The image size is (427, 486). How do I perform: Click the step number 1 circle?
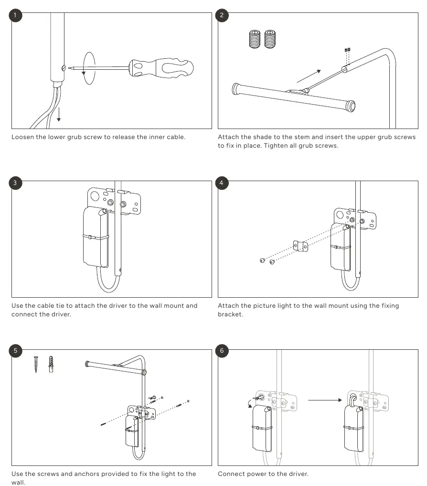click(x=15, y=15)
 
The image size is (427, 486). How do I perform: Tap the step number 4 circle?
click(x=222, y=183)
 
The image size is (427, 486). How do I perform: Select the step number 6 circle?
click(x=222, y=351)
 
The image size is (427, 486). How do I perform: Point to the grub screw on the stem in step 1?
click(x=64, y=68)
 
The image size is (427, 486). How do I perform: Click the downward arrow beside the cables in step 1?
click(x=59, y=114)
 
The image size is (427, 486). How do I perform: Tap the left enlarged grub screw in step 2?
click(x=255, y=39)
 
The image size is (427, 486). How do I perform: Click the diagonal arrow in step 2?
click(x=309, y=76)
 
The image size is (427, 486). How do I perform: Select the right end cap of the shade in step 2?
click(x=351, y=106)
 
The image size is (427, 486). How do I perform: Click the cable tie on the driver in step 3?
click(x=96, y=238)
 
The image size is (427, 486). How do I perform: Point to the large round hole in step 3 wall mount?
click(x=95, y=196)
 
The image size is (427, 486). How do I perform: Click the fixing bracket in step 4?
click(x=300, y=246)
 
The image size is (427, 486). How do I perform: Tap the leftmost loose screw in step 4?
click(x=262, y=260)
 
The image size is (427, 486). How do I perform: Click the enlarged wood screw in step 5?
click(x=36, y=365)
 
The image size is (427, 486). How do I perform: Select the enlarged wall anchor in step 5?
click(x=51, y=364)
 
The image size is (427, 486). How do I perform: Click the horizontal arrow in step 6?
click(x=325, y=400)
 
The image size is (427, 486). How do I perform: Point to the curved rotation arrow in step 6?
click(x=249, y=403)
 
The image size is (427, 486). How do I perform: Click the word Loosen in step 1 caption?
click(x=22, y=137)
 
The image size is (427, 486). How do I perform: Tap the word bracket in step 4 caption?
click(x=230, y=314)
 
